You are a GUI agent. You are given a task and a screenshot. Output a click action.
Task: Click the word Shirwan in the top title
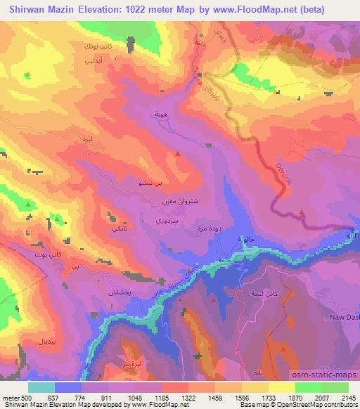tap(27, 9)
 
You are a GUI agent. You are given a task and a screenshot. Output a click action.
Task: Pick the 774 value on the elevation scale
tap(81, 398)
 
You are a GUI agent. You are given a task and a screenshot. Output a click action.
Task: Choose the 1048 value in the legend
tap(134, 398)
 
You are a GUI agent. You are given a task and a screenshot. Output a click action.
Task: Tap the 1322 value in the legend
tap(188, 398)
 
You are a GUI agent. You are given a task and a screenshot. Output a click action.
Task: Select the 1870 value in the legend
tap(295, 398)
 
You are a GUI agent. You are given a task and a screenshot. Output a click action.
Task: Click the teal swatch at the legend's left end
tap(41, 387)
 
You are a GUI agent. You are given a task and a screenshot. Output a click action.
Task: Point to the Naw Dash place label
tap(343, 317)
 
